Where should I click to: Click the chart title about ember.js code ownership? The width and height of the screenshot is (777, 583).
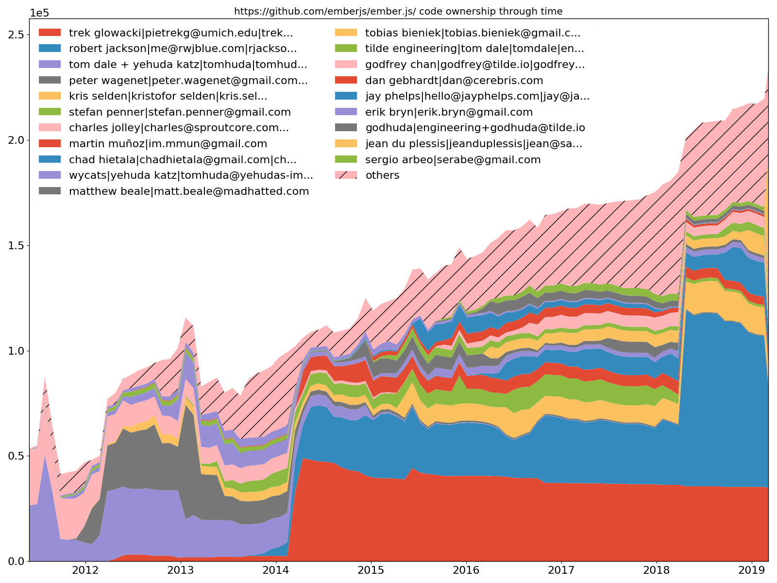pyautogui.click(x=398, y=11)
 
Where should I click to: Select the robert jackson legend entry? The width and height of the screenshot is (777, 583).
pyautogui.click(x=183, y=49)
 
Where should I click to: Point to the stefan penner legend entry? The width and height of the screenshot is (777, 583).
pyautogui.click(x=180, y=112)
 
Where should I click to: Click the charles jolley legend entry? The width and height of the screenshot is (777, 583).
pyautogui.click(x=179, y=128)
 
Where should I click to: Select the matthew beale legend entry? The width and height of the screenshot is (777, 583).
pyautogui.click(x=189, y=191)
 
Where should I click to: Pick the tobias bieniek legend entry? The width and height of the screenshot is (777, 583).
pyautogui.click(x=473, y=33)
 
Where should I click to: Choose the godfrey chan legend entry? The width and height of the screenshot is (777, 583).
pyautogui.click(x=474, y=65)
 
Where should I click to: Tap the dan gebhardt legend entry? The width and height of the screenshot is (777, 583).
pyautogui.click(x=454, y=81)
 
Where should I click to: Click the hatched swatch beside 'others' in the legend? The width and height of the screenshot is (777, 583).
pyautogui.click(x=346, y=175)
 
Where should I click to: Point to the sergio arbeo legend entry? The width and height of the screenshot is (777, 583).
pyautogui.click(x=453, y=160)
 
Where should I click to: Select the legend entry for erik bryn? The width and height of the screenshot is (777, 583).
pyautogui.click(x=449, y=112)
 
